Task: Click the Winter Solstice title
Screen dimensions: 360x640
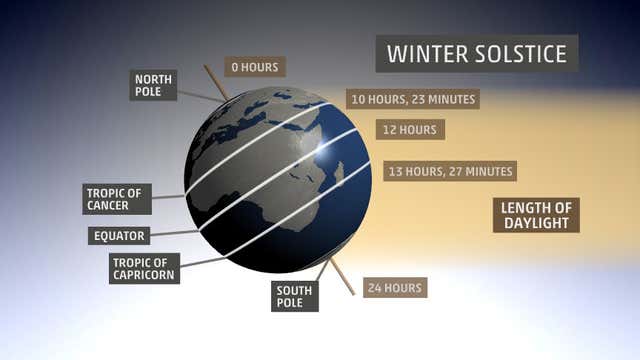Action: point(477,52)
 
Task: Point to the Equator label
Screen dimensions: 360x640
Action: point(119,236)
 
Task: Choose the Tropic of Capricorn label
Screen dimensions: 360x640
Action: point(145,268)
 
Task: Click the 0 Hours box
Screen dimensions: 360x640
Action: point(255,67)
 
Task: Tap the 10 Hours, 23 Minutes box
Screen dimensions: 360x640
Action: point(412,99)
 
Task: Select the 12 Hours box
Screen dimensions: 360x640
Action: point(410,129)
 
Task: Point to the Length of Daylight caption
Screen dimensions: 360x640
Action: point(536,215)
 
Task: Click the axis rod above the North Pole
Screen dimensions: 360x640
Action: point(216,81)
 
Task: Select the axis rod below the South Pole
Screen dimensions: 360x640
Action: point(342,279)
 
